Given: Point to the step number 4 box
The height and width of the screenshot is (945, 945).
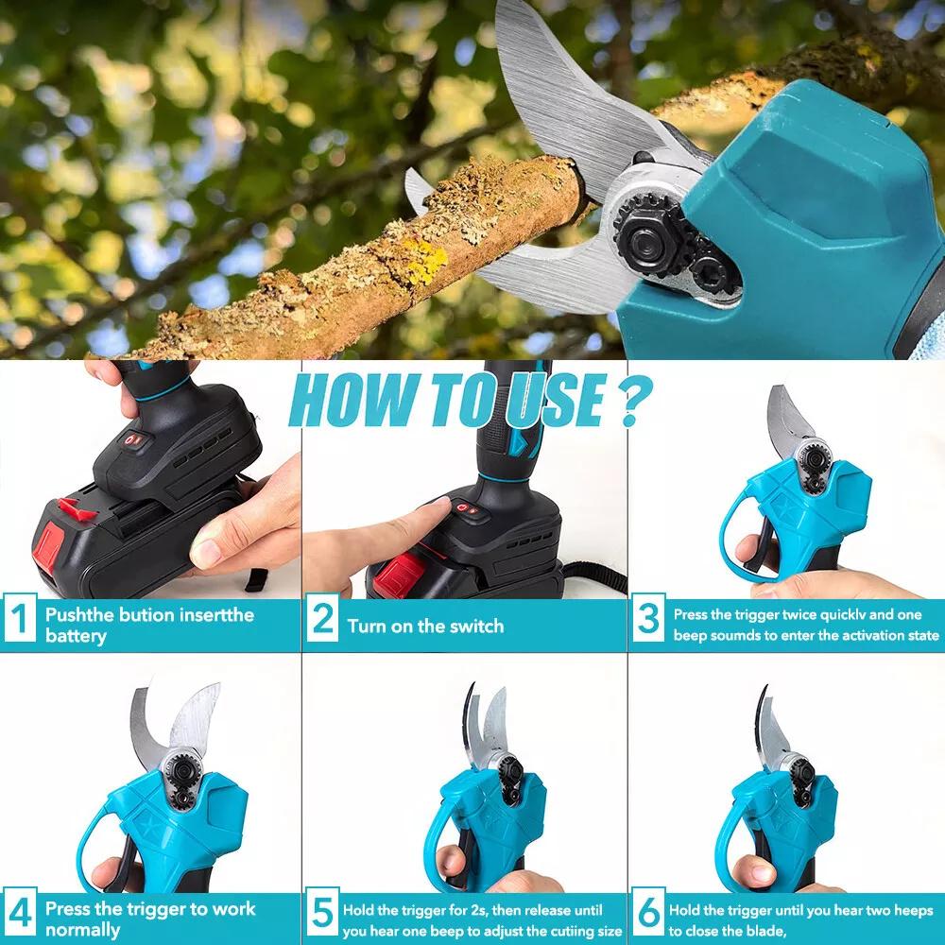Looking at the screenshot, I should (20, 918).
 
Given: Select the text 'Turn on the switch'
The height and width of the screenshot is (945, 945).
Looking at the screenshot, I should (425, 626).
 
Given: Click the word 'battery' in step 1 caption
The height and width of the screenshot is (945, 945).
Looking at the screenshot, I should (76, 636).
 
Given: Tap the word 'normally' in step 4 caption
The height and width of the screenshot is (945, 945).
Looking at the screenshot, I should (83, 930).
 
